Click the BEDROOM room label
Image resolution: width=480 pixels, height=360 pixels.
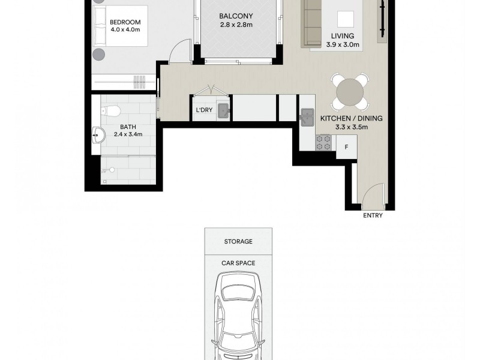click(125, 22)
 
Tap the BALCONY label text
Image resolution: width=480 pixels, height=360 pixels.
click(236, 16)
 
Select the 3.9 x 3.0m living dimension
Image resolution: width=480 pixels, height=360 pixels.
click(343, 44)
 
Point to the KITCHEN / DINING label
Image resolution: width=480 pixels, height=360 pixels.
click(352, 118)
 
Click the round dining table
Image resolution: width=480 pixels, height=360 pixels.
click(350, 92)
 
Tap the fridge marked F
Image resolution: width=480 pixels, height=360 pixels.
click(347, 147)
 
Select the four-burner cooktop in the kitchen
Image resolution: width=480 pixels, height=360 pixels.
click(323, 142)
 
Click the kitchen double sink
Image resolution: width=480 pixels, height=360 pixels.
click(307, 117)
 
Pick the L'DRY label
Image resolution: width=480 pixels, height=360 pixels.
click(204, 110)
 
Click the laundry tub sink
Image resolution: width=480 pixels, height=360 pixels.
click(224, 111)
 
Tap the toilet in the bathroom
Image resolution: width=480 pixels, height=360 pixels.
click(110, 111)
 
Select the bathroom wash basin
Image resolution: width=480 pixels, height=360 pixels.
click(98, 135)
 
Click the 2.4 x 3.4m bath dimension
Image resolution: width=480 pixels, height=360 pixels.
click(128, 134)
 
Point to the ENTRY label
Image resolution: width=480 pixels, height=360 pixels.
click(373, 215)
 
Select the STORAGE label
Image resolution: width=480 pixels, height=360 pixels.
click(238, 242)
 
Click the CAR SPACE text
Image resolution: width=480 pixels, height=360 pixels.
click(238, 263)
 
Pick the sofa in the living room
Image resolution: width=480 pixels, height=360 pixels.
click(311, 23)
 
